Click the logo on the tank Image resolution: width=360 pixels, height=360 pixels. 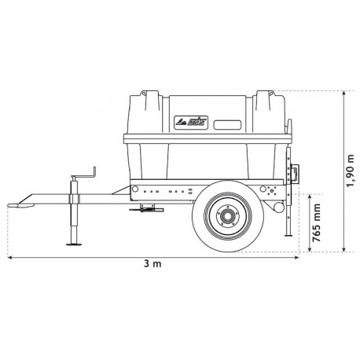pos(189,123)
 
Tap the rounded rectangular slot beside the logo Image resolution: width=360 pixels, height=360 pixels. pos(229,123)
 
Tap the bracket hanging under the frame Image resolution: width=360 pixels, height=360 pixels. pos(145,208)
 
